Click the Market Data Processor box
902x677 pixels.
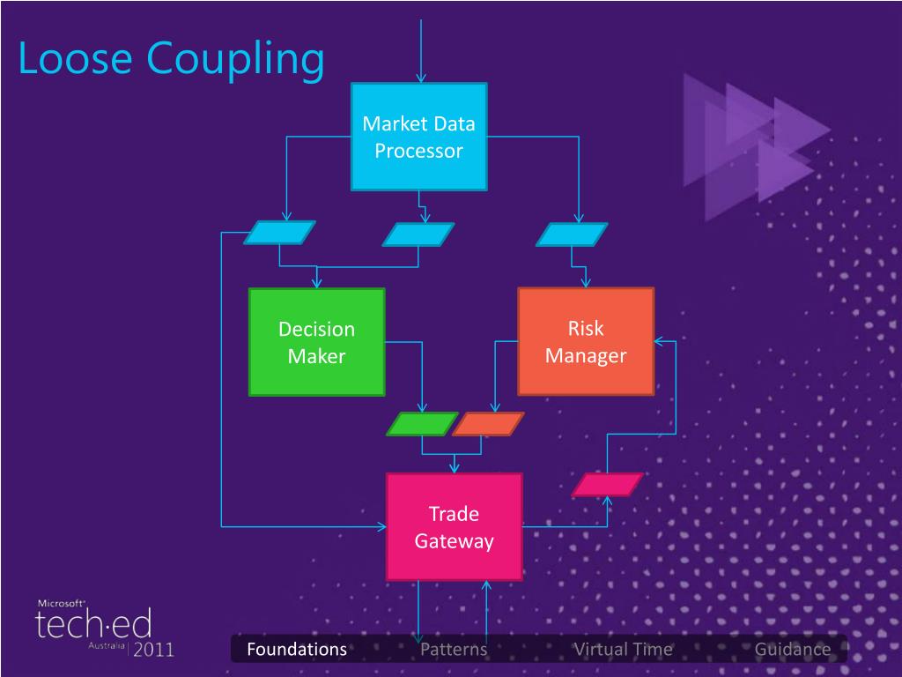point(418,137)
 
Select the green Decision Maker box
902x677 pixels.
point(316,342)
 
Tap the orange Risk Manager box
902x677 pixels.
point(586,341)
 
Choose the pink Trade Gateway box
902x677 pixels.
point(454,526)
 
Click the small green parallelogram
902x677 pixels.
point(422,424)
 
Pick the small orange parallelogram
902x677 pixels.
point(487,424)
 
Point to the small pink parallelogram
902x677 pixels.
point(607,485)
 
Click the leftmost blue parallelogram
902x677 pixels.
point(278,233)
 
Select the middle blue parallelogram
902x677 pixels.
point(418,234)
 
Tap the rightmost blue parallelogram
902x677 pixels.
point(572,234)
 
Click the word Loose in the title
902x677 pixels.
point(75,60)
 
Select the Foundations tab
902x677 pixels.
point(297,650)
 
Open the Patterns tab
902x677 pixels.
point(454,650)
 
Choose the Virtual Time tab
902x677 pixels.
point(623,650)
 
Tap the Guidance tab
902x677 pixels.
point(792,650)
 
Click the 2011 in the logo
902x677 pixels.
point(154,650)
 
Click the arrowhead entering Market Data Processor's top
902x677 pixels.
point(421,78)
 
